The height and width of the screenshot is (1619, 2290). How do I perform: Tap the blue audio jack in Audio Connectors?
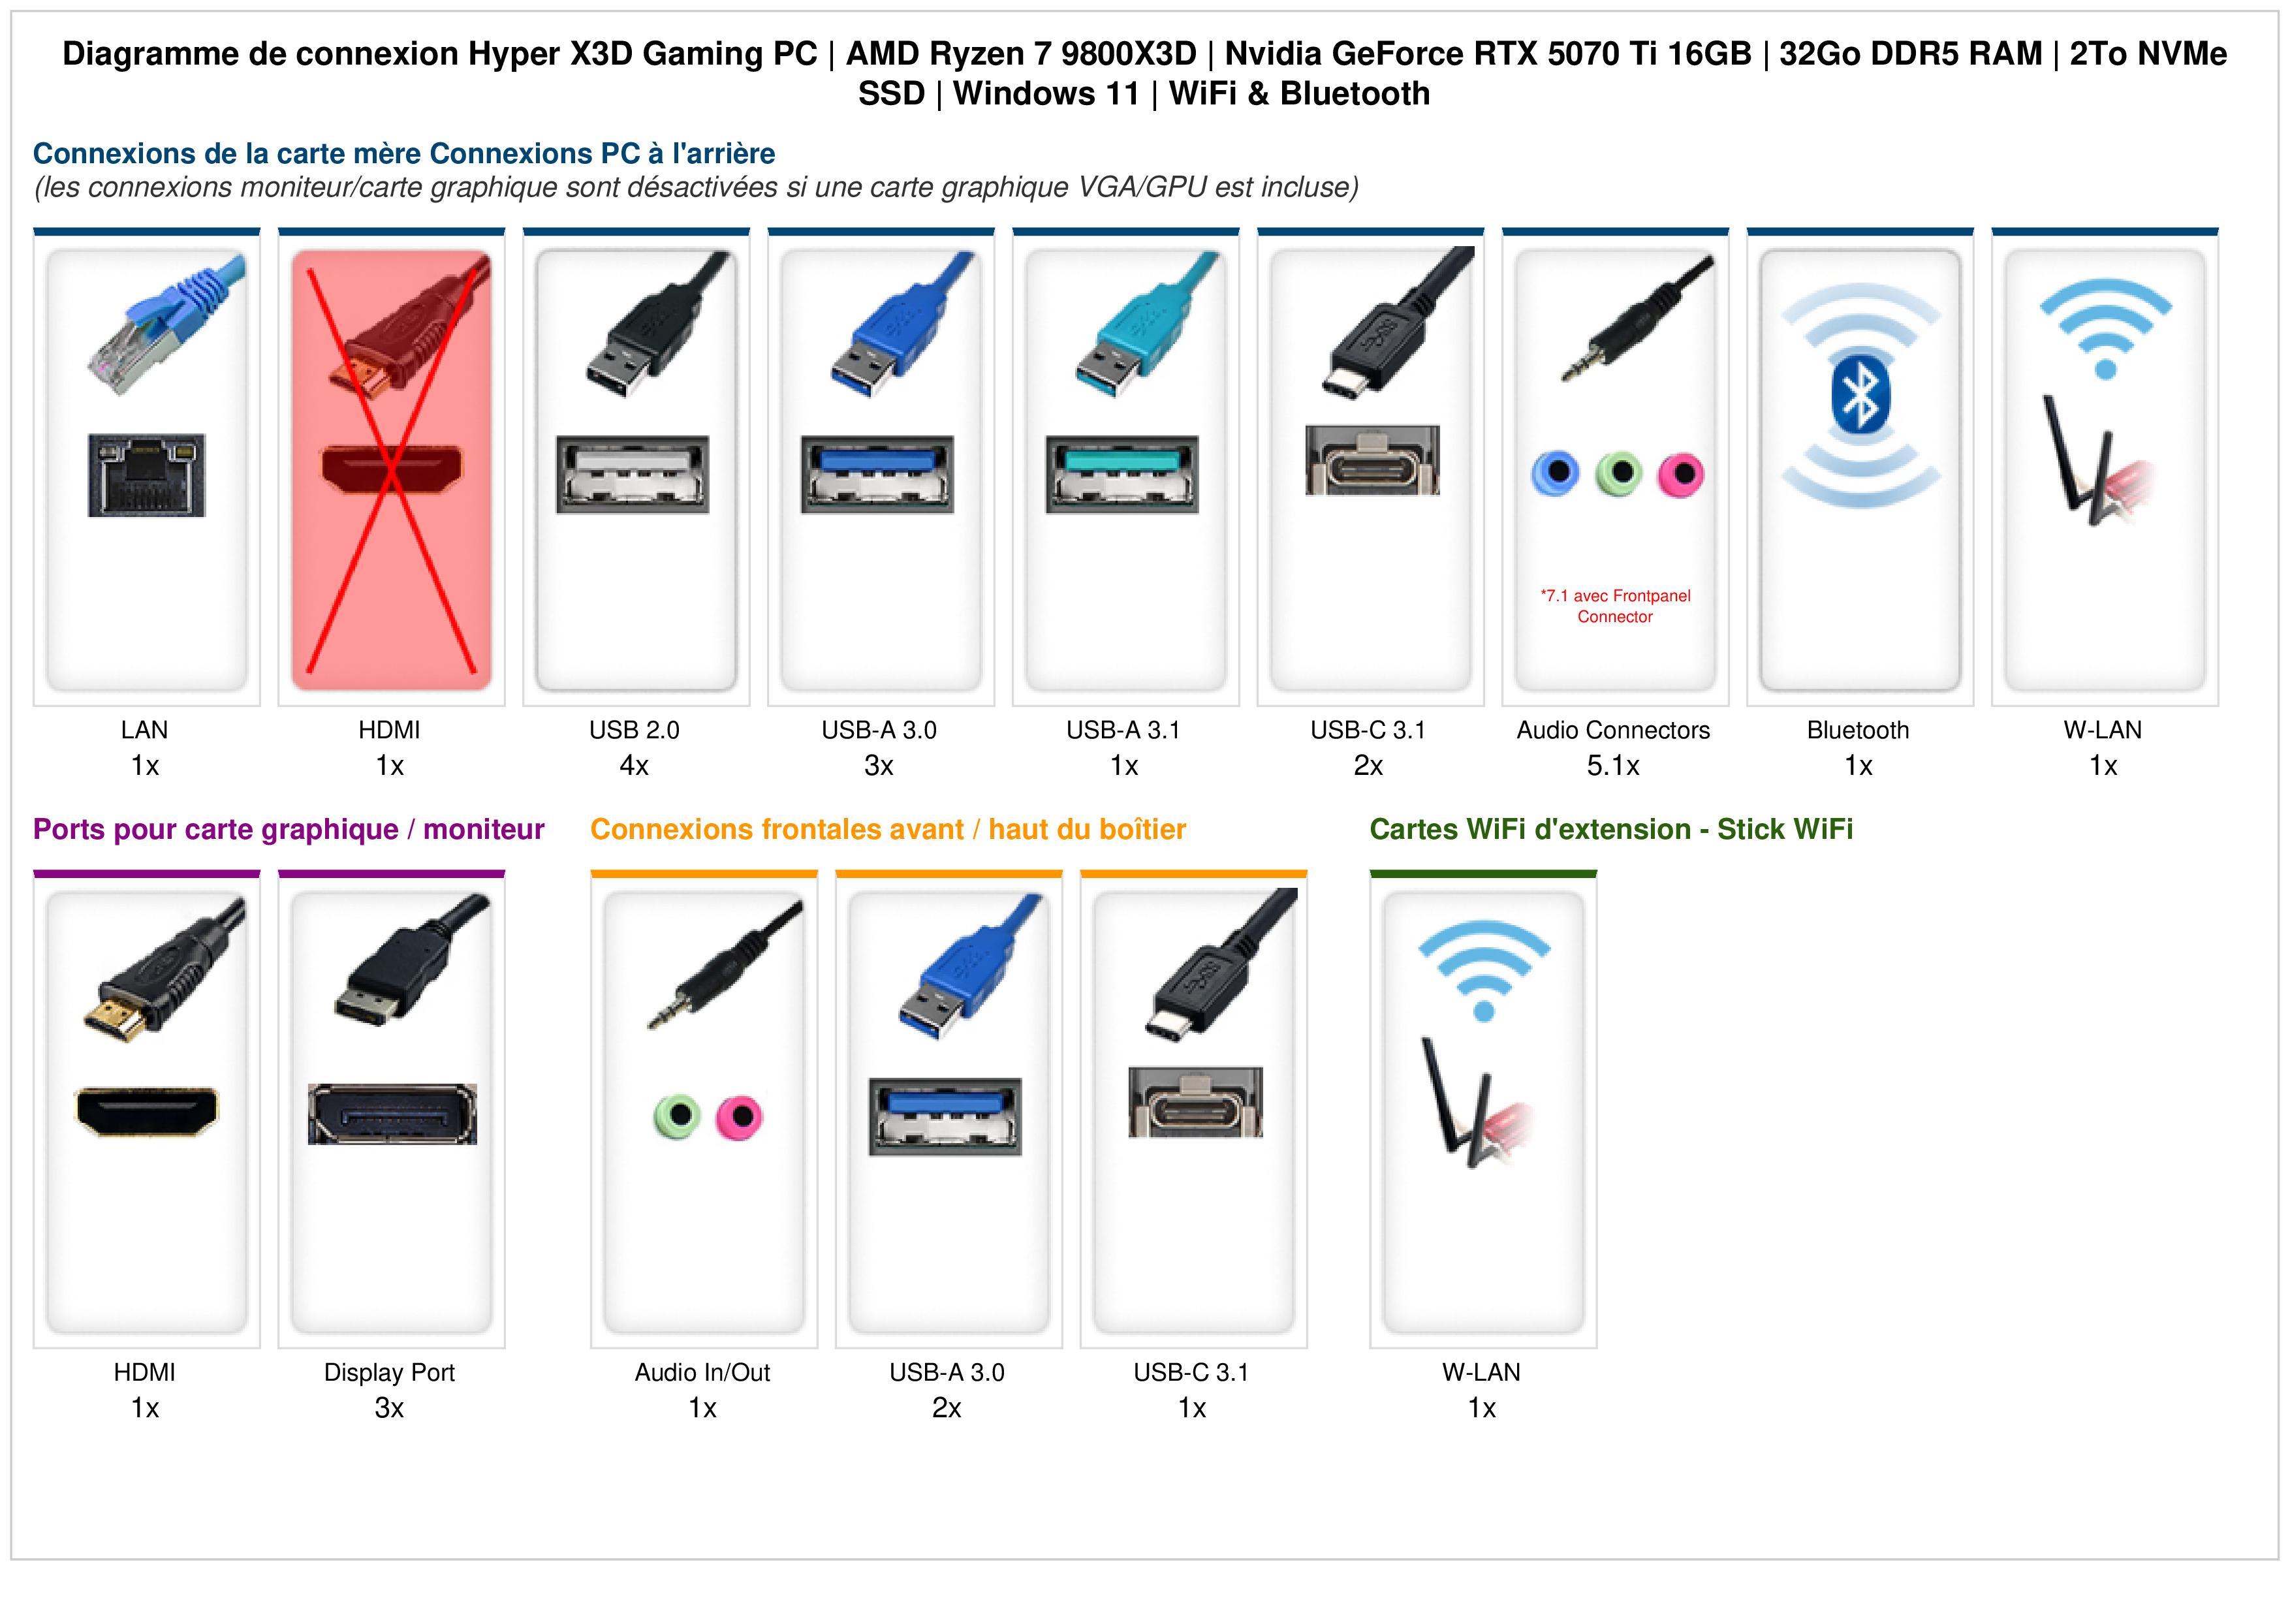tap(1556, 474)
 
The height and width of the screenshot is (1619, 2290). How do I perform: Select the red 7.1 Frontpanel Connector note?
tap(1615, 606)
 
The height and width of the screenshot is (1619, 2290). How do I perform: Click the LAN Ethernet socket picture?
tap(147, 475)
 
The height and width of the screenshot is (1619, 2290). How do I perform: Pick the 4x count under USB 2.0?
tap(635, 766)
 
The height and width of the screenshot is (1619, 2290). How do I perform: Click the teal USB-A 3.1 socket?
tap(1122, 474)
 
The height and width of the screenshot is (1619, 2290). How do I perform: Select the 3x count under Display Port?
tap(389, 1409)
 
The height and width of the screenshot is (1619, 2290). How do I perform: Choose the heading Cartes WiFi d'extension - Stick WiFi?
tap(1611, 829)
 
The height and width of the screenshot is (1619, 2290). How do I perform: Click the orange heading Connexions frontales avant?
tap(888, 829)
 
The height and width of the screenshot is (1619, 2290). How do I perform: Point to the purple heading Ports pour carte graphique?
tap(289, 829)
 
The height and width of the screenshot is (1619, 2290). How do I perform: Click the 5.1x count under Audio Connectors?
tap(1614, 766)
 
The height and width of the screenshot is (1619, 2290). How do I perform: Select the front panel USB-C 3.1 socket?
tap(1195, 1102)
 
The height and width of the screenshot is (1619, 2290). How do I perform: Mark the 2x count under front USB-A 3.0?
tap(947, 1409)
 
